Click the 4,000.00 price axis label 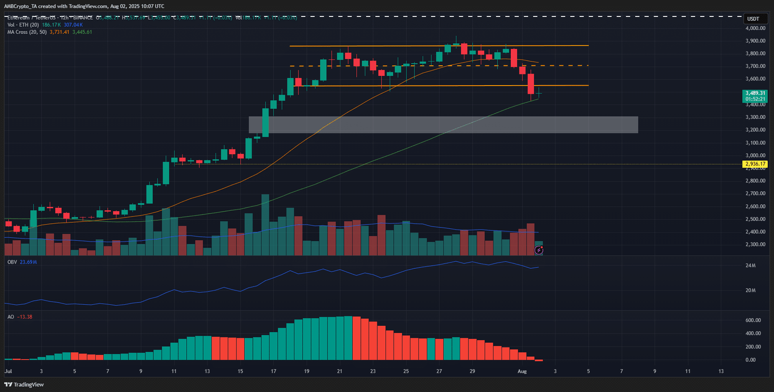tap(755, 28)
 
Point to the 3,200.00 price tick tap(755, 130)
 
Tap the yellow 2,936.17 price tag tap(755, 164)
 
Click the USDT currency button tap(753, 19)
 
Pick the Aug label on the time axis tap(522, 371)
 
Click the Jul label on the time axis tap(8, 371)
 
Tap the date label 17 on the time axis tap(273, 371)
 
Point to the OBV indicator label tap(12, 262)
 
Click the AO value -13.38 tap(25, 317)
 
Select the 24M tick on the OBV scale tap(750, 265)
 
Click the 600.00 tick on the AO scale tap(753, 320)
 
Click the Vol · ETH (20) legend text tap(23, 25)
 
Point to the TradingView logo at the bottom tap(24, 385)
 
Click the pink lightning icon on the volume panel tap(539, 250)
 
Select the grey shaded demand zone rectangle tap(443, 125)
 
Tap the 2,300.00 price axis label tap(755, 245)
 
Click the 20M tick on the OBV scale tap(750, 290)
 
